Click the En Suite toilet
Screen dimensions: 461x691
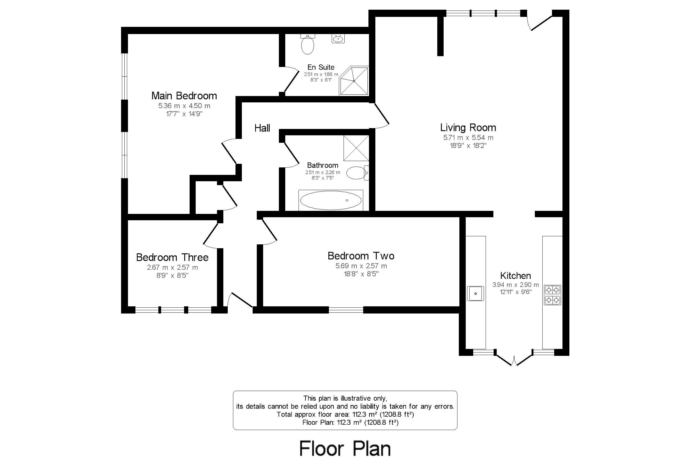(307, 45)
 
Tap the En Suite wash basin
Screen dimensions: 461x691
(338, 38)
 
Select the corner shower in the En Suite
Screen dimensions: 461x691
(354, 81)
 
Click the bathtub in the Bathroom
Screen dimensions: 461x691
(331, 201)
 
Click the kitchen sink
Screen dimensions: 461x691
(475, 293)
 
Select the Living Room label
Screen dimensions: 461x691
(468, 128)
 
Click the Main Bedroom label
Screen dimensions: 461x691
(184, 96)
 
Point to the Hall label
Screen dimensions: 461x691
(262, 128)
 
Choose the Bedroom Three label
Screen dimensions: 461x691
(172, 258)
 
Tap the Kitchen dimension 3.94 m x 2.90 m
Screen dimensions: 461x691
(515, 284)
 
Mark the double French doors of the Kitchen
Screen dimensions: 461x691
(514, 359)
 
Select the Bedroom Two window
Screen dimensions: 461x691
(346, 310)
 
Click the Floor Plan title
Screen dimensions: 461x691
(345, 449)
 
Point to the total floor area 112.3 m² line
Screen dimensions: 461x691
(345, 415)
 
